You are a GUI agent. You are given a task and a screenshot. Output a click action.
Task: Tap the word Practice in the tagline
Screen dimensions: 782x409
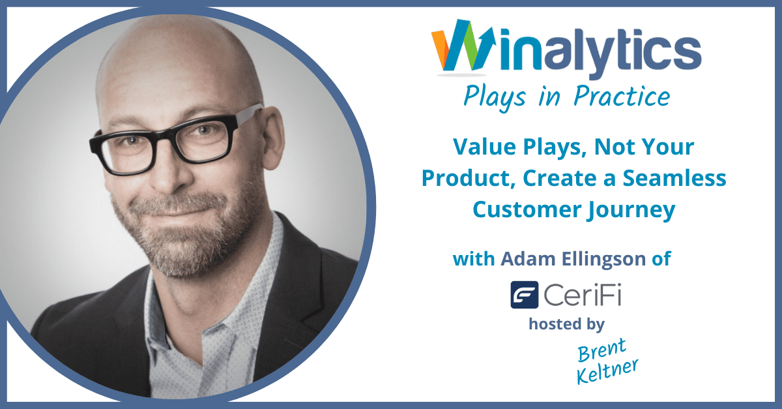coord(622,96)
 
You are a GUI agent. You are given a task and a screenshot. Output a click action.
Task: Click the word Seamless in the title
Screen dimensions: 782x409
coord(674,178)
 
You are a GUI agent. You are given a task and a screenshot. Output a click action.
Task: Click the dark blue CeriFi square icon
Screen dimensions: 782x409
coord(525,295)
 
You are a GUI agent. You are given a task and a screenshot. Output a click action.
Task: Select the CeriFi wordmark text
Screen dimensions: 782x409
coord(583,295)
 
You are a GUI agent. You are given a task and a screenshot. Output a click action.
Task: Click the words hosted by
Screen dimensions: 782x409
coord(566,324)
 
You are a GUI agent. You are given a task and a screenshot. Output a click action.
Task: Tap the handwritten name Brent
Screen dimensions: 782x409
coord(602,350)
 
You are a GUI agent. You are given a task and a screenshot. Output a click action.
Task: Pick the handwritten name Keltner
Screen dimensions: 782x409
coord(607,372)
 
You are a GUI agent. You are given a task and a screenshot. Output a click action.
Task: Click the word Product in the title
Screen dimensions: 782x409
coord(469,178)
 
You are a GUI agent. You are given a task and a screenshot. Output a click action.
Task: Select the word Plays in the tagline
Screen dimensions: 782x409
coord(495,97)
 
